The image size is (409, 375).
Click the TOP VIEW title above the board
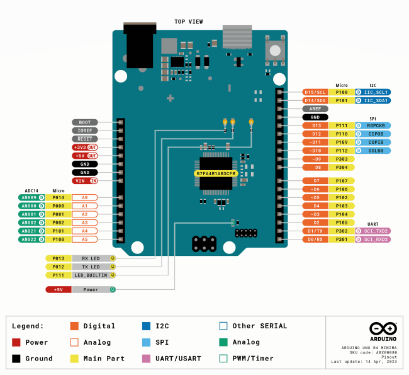(188, 21)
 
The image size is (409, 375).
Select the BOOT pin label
(84, 122)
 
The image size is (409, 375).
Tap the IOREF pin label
(84, 130)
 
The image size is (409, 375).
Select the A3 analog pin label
(84, 222)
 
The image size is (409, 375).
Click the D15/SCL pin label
(315, 92)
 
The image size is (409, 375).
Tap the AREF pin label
(315, 108)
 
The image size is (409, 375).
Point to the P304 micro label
(342, 167)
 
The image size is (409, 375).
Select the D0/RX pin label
(315, 239)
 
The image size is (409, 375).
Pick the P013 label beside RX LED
(58, 258)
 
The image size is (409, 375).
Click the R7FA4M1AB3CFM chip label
(215, 173)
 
